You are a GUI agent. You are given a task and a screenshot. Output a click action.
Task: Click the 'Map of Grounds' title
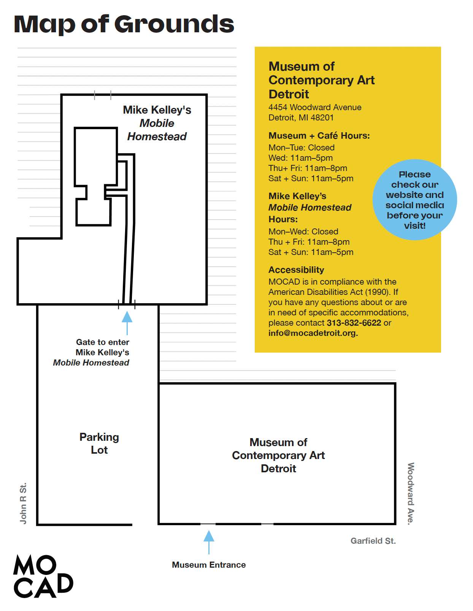[124, 25]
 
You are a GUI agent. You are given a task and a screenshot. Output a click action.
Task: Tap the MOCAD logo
[43, 576]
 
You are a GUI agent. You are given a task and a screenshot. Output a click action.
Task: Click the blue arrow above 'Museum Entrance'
[208, 542]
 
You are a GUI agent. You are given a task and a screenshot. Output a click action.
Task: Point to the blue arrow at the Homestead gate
[127, 323]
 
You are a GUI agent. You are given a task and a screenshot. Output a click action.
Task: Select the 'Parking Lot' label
[99, 443]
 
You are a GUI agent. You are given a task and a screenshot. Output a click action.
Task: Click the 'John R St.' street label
[23, 503]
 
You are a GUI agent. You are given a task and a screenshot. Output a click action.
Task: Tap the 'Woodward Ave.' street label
[411, 494]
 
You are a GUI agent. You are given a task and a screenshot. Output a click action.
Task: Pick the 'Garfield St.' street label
[373, 541]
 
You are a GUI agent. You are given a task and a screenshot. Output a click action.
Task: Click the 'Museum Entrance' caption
[209, 565]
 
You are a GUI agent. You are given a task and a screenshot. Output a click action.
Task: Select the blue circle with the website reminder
[414, 199]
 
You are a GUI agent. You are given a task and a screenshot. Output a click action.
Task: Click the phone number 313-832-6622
[354, 323]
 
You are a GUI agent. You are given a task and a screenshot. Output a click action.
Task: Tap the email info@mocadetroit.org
[313, 333]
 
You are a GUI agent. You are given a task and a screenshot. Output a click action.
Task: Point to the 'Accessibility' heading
[296, 270]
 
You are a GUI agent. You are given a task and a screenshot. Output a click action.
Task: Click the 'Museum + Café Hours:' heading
[319, 136]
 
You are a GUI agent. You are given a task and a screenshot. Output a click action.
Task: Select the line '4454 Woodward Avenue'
[315, 107]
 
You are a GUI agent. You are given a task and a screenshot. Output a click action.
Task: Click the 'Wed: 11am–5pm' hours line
[300, 158]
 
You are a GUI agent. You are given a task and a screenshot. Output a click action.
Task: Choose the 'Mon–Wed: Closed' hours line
[303, 231]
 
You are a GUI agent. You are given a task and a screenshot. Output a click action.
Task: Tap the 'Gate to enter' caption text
[103, 342]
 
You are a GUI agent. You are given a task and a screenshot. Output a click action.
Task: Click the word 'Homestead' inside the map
[157, 137]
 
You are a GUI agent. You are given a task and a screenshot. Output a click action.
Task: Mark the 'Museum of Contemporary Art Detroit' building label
[278, 455]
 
